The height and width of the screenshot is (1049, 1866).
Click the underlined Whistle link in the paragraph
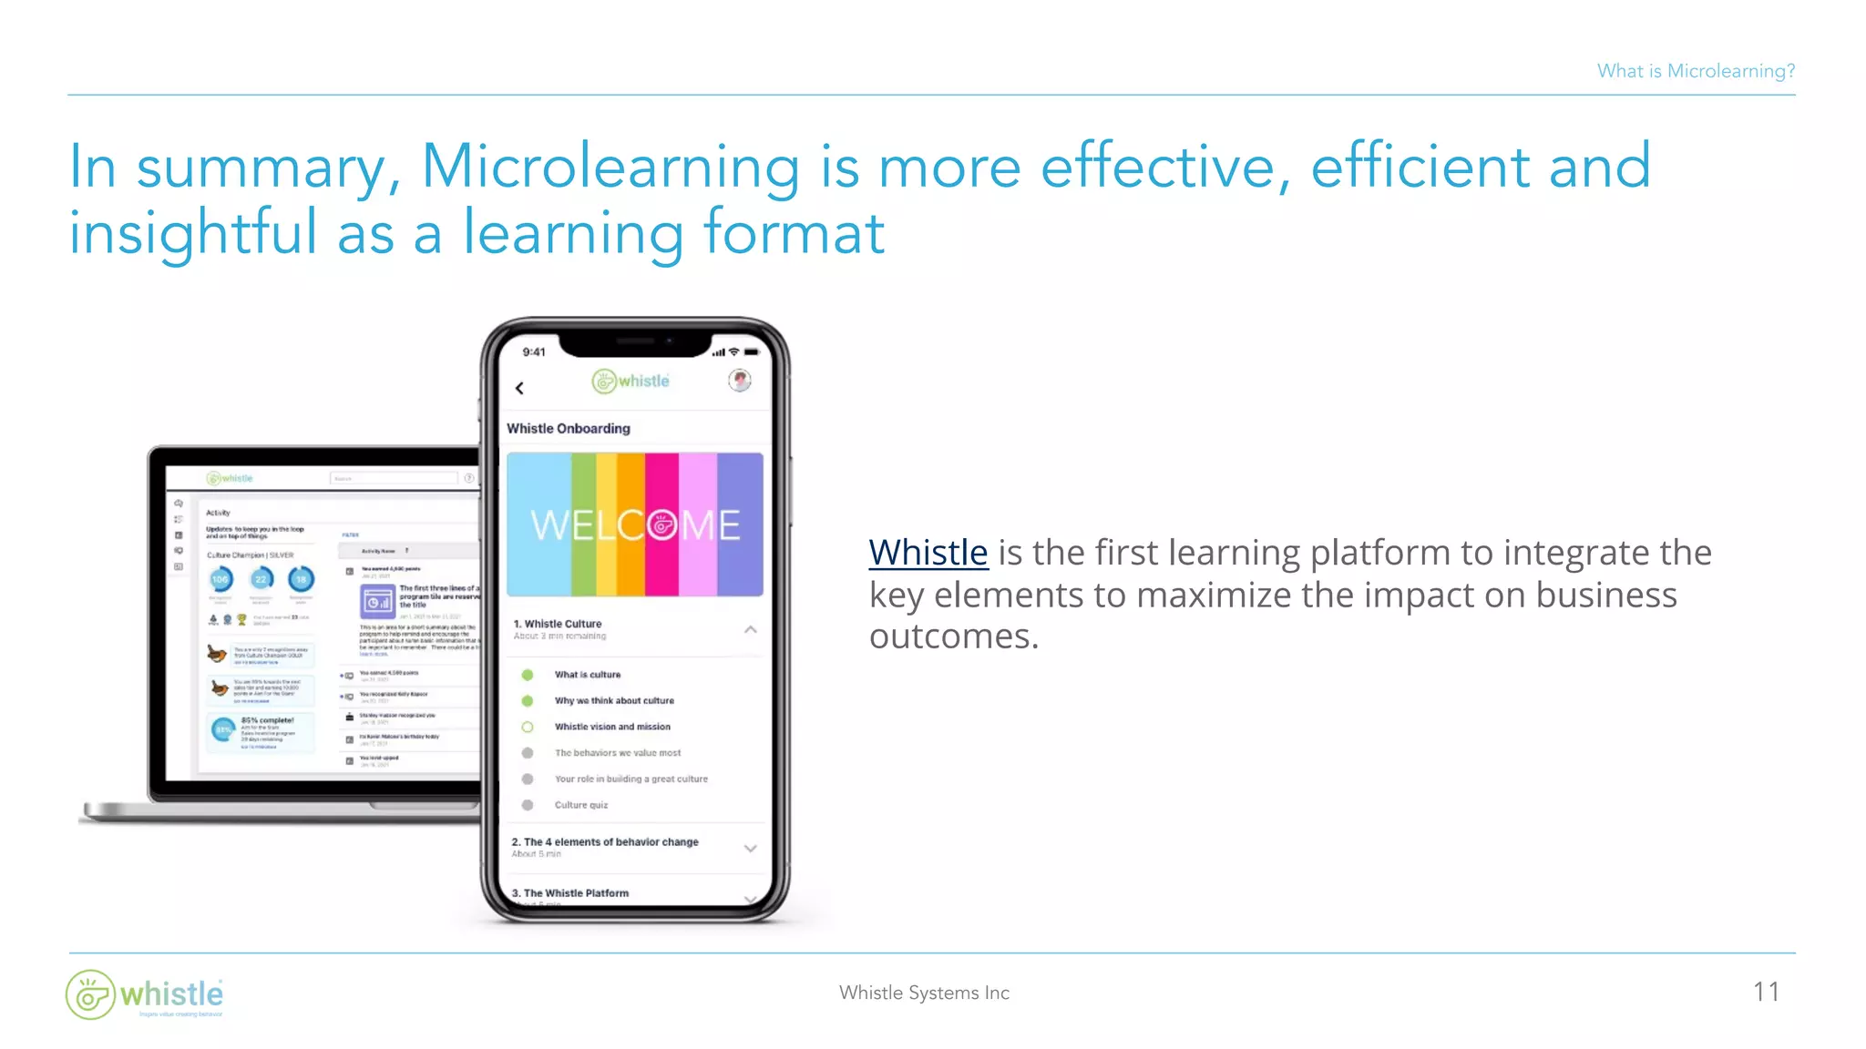(x=928, y=553)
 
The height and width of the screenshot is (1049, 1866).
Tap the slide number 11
(x=1766, y=992)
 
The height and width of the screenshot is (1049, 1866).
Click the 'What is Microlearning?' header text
(x=1696, y=71)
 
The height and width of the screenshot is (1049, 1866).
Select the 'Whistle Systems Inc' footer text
(x=924, y=993)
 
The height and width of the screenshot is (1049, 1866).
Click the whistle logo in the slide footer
(x=145, y=994)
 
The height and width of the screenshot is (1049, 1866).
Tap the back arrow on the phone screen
(x=520, y=388)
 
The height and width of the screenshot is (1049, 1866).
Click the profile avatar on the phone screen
(x=740, y=381)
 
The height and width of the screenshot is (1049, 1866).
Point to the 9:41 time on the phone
(x=534, y=352)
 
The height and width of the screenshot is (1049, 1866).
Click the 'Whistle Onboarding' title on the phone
(x=569, y=428)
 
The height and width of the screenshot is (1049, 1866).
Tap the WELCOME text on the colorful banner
(x=635, y=525)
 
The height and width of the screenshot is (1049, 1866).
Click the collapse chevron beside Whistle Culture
(x=750, y=629)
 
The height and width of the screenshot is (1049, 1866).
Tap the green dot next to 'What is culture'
(x=528, y=675)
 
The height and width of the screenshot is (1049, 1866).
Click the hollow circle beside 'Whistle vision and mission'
(x=528, y=727)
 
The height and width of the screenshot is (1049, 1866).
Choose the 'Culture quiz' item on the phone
(x=581, y=805)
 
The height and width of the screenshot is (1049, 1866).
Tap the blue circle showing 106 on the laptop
(x=220, y=579)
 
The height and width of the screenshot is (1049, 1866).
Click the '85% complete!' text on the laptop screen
(x=267, y=720)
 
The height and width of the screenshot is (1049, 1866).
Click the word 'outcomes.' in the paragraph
(x=954, y=637)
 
